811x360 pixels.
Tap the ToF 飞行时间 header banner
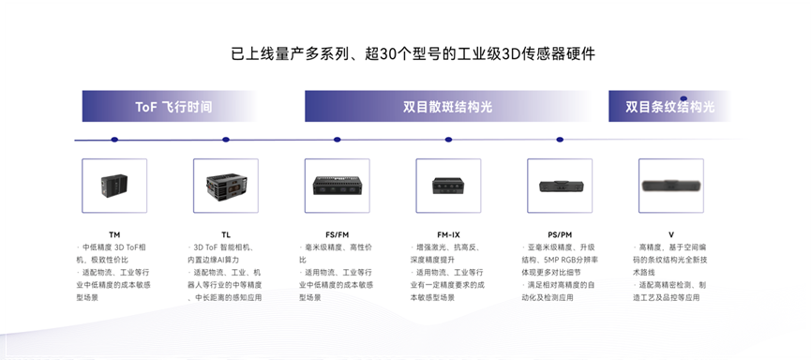click(x=173, y=106)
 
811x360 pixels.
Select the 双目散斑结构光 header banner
click(x=448, y=106)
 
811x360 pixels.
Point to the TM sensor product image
click(x=114, y=185)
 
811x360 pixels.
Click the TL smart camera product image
click(x=225, y=185)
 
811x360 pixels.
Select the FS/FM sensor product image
click(x=337, y=185)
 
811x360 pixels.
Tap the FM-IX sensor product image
click(x=448, y=185)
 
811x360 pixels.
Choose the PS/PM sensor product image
click(x=560, y=185)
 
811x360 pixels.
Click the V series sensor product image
click(x=671, y=185)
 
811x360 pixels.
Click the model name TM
click(x=114, y=233)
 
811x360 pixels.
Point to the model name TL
click(x=226, y=233)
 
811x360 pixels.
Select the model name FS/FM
click(x=337, y=233)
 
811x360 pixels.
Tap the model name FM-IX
click(x=448, y=233)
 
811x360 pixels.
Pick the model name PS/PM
click(x=560, y=233)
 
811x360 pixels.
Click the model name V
click(x=671, y=233)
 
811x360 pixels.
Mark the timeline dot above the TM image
click(x=114, y=141)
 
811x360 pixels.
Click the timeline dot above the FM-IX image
click(x=448, y=141)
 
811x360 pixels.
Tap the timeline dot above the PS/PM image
click(x=560, y=141)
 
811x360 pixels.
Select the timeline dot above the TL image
click(x=226, y=141)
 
